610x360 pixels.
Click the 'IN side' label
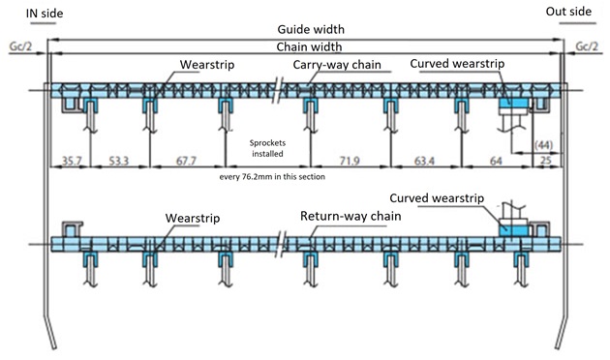(45, 14)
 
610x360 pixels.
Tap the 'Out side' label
(568, 12)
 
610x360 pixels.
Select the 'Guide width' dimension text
(311, 30)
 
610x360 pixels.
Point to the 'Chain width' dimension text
(309, 47)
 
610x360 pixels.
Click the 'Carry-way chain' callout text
(337, 65)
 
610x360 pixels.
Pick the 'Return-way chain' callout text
(351, 216)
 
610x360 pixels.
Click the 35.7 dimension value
(72, 161)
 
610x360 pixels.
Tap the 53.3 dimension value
(119, 161)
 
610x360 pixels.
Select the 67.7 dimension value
(186, 161)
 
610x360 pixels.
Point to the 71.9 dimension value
(350, 161)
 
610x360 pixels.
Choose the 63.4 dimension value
(424, 161)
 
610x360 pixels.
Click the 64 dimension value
(496, 161)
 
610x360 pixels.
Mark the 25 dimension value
(546, 161)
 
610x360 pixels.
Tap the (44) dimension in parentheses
(543, 145)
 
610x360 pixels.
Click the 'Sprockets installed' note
(267, 148)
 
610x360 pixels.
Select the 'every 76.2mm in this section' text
(272, 177)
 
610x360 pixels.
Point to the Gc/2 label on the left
(21, 46)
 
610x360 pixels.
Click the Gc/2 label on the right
(587, 46)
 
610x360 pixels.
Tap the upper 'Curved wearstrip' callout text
(457, 64)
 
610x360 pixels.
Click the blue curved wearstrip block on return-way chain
(514, 231)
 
